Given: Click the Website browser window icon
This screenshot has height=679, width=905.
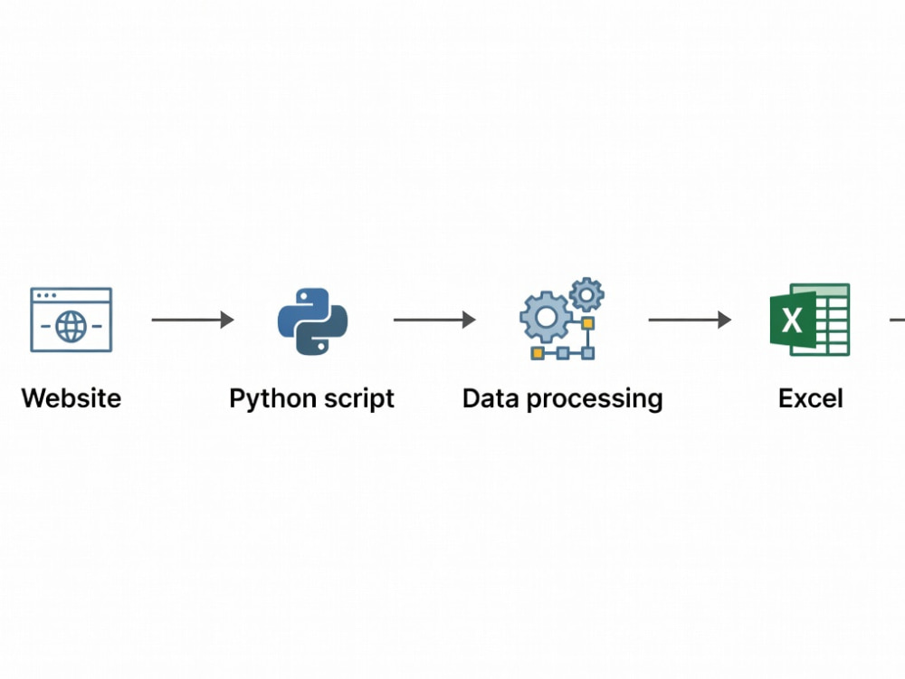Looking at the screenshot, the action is click(x=71, y=320).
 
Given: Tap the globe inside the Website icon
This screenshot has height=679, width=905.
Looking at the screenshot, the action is click(x=71, y=326).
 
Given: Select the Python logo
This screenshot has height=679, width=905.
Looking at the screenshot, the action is click(x=312, y=321).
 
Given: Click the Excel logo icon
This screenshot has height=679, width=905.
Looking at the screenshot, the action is click(x=810, y=320).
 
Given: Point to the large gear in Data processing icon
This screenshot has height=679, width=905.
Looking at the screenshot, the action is click(x=546, y=316).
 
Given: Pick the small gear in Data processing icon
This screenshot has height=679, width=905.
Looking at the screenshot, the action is click(x=586, y=295).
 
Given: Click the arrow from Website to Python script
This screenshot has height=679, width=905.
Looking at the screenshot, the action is click(x=193, y=320).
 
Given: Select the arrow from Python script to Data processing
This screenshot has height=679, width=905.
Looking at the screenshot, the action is click(x=434, y=320).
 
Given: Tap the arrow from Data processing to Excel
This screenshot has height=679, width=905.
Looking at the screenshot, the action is click(x=690, y=320).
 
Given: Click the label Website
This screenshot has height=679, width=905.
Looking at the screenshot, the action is click(x=71, y=398).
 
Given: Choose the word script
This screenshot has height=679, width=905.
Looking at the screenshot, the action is click(x=359, y=399).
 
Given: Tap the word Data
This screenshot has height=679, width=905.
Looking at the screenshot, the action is click(x=491, y=398).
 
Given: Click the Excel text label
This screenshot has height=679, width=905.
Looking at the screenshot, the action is click(x=810, y=398).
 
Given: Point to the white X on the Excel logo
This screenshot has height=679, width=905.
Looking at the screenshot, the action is click(x=792, y=320).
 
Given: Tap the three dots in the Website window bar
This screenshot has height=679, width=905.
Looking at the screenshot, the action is click(x=46, y=295).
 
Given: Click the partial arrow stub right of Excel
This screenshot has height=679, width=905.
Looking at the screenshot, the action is click(x=898, y=320).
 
